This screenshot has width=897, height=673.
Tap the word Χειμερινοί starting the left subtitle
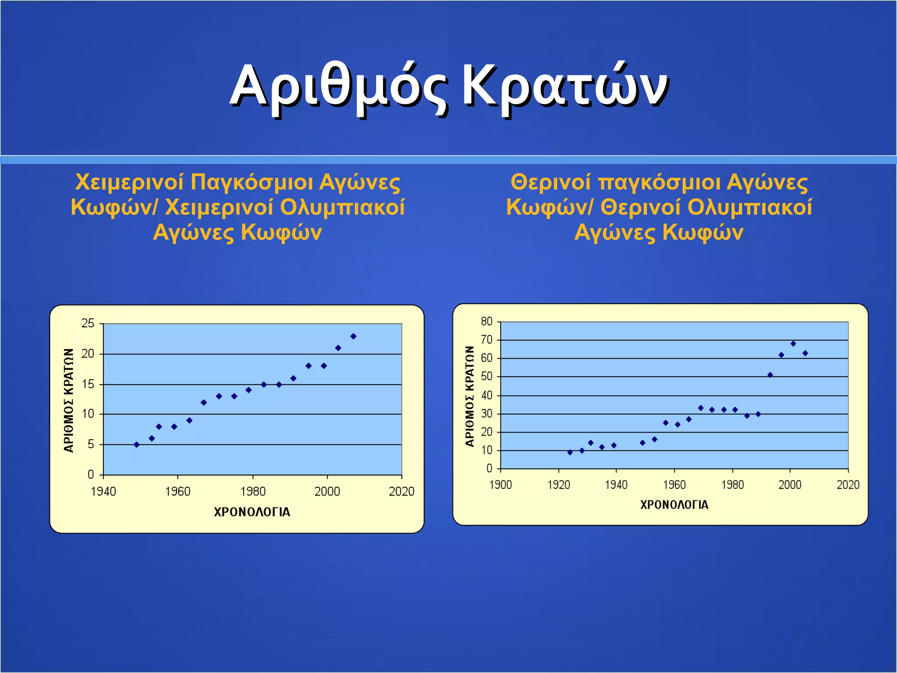pyautogui.click(x=129, y=182)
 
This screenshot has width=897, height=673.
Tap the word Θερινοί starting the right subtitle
pyautogui.click(x=551, y=182)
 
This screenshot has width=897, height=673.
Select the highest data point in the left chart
pyautogui.click(x=353, y=336)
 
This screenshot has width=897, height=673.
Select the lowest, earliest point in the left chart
pyautogui.click(x=137, y=445)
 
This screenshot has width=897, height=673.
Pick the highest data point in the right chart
pyautogui.click(x=793, y=344)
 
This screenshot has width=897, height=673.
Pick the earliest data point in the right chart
pyautogui.click(x=570, y=452)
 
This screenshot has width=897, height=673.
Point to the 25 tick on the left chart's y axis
pyautogui.click(x=88, y=324)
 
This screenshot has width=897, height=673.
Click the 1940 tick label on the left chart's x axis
pyautogui.click(x=103, y=492)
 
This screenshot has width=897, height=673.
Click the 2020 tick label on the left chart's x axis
pyautogui.click(x=401, y=492)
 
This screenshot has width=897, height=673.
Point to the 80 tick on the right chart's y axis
pyautogui.click(x=487, y=322)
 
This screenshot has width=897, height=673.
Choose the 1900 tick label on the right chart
pyautogui.click(x=501, y=485)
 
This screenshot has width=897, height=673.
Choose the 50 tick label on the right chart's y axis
pyautogui.click(x=487, y=376)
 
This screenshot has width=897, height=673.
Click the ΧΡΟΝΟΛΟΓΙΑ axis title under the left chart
pyautogui.click(x=252, y=512)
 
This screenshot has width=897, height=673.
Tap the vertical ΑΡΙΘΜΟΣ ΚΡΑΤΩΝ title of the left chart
pyautogui.click(x=69, y=400)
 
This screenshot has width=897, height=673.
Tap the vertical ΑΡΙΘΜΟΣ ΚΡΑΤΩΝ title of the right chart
pyautogui.click(x=470, y=396)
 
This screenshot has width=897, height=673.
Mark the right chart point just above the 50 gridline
pyautogui.click(x=770, y=375)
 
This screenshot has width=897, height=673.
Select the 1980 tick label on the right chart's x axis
pyautogui.click(x=732, y=485)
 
